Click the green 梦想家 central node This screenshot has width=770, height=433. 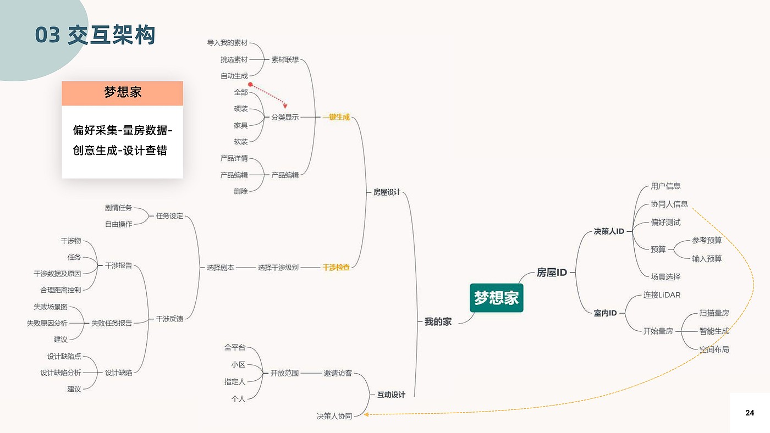pos(496,298)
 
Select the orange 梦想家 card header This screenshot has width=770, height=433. pos(122,93)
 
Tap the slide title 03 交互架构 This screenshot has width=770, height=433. pos(95,35)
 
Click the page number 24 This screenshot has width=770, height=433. pos(749,413)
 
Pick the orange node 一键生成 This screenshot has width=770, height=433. pos(336,117)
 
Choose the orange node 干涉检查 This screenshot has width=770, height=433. pos(336,267)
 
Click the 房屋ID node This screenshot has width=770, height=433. pos(552,273)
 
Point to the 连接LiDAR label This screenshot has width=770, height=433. pos(662,295)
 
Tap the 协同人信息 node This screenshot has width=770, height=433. pos(669,204)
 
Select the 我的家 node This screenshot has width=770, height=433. pos(438,322)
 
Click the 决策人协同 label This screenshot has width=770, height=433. pos(334,416)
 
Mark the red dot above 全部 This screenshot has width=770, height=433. pos(250,84)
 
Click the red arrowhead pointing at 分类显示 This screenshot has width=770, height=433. pos(285,106)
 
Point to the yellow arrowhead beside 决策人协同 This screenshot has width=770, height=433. pos(366,414)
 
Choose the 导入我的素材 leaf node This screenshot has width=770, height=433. pos(227,42)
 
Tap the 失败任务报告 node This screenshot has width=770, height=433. pos(111,323)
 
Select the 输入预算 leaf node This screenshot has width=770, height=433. pos(707,259)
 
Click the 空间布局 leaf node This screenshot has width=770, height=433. pos(714,349)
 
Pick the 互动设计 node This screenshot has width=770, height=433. pos(391,395)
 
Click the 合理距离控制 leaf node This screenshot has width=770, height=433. pos(61,290)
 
